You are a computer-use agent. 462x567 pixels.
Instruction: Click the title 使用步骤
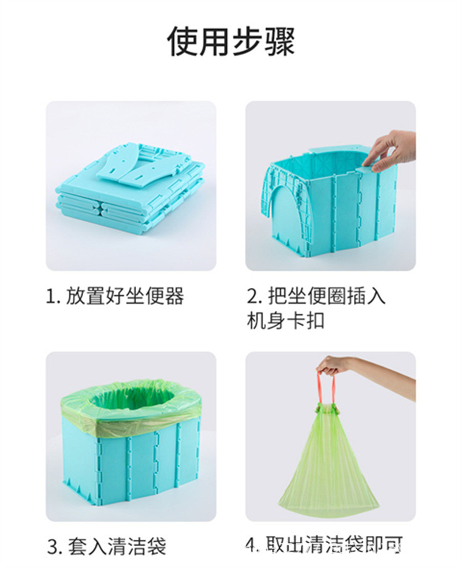pyautogui.click(x=231, y=42)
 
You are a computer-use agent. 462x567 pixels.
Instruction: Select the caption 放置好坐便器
pyautogui.click(x=125, y=296)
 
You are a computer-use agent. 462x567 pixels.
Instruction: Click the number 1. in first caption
pyautogui.click(x=53, y=297)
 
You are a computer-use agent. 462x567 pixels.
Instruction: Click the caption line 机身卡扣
pyautogui.click(x=285, y=321)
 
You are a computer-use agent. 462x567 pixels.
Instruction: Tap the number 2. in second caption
pyautogui.click(x=255, y=297)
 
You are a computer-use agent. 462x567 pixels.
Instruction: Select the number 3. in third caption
pyautogui.click(x=54, y=546)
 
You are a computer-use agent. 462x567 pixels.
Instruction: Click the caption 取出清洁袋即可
pyautogui.click(x=334, y=544)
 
